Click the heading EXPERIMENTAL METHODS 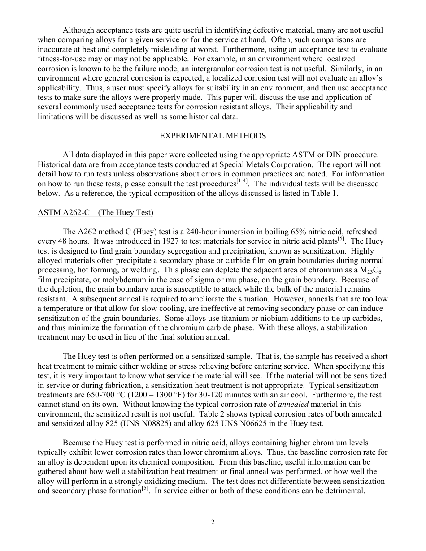pos(213,136)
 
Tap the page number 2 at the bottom pos(213,522)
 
